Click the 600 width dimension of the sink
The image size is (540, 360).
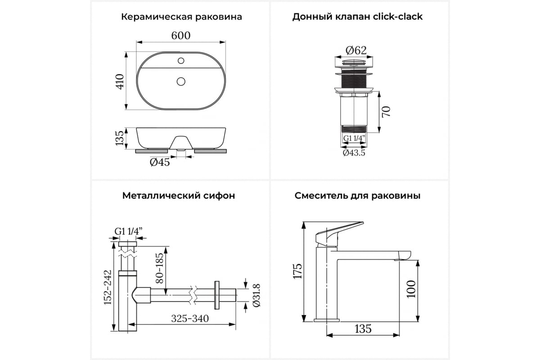pos(181,36)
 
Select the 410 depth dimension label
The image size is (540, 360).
pos(120,82)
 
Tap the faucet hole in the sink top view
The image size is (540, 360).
pos(181,60)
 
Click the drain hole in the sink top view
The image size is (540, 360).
pos(181,81)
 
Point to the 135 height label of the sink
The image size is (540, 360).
pos(120,138)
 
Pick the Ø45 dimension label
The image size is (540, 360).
pos(160,162)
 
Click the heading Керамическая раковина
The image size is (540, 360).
pos(181,17)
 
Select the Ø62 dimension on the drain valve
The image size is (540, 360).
pos(356,50)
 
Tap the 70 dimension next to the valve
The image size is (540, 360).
pos(386,112)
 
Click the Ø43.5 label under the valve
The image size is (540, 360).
pos(354,153)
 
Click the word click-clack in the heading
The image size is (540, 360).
pos(398,17)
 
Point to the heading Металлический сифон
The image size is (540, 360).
pos(179,196)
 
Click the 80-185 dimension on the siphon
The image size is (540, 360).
pos(159,268)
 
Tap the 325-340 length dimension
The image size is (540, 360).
pos(190,319)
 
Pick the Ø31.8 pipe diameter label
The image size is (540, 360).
pos(256,295)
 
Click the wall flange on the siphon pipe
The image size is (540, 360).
pos(217,295)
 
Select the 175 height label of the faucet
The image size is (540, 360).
pos(297,271)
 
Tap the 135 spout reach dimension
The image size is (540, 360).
pos(363,329)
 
